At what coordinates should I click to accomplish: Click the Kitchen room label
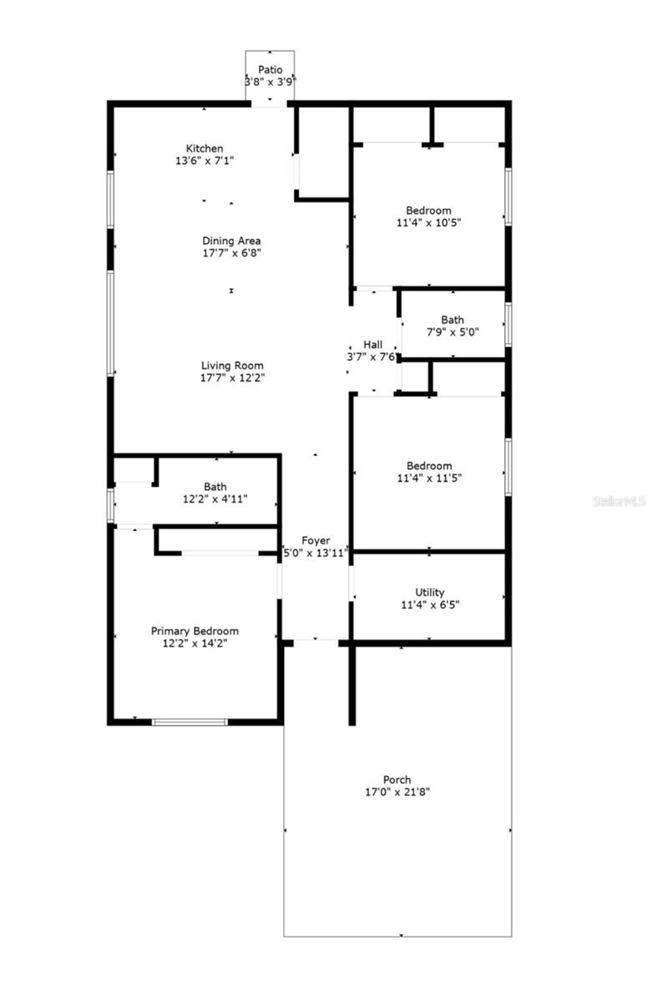pyautogui.click(x=205, y=149)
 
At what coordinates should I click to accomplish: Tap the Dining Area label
pyautogui.click(x=231, y=240)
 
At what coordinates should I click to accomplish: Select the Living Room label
pyautogui.click(x=232, y=365)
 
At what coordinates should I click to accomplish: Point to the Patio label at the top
pyautogui.click(x=270, y=70)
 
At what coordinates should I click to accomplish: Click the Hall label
pyautogui.click(x=372, y=345)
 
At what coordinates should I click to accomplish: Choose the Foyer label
pyautogui.click(x=316, y=540)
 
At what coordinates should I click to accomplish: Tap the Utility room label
pyautogui.click(x=429, y=592)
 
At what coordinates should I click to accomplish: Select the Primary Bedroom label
pyautogui.click(x=195, y=630)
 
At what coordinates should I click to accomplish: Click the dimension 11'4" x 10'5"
pyautogui.click(x=429, y=223)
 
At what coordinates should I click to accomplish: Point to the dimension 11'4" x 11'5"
pyautogui.click(x=429, y=478)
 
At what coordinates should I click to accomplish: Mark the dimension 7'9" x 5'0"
pyautogui.click(x=453, y=331)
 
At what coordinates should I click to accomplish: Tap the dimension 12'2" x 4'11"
pyautogui.click(x=215, y=498)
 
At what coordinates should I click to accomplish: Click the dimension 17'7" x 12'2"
pyautogui.click(x=232, y=377)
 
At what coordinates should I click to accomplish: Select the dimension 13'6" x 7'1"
pyautogui.click(x=205, y=161)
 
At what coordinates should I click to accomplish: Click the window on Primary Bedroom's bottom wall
pyautogui.click(x=190, y=721)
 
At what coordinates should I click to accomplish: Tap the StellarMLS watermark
pyautogui.click(x=619, y=502)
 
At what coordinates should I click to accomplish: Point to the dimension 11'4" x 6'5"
pyautogui.click(x=429, y=605)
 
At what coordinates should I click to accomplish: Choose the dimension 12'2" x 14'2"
pyautogui.click(x=195, y=643)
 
